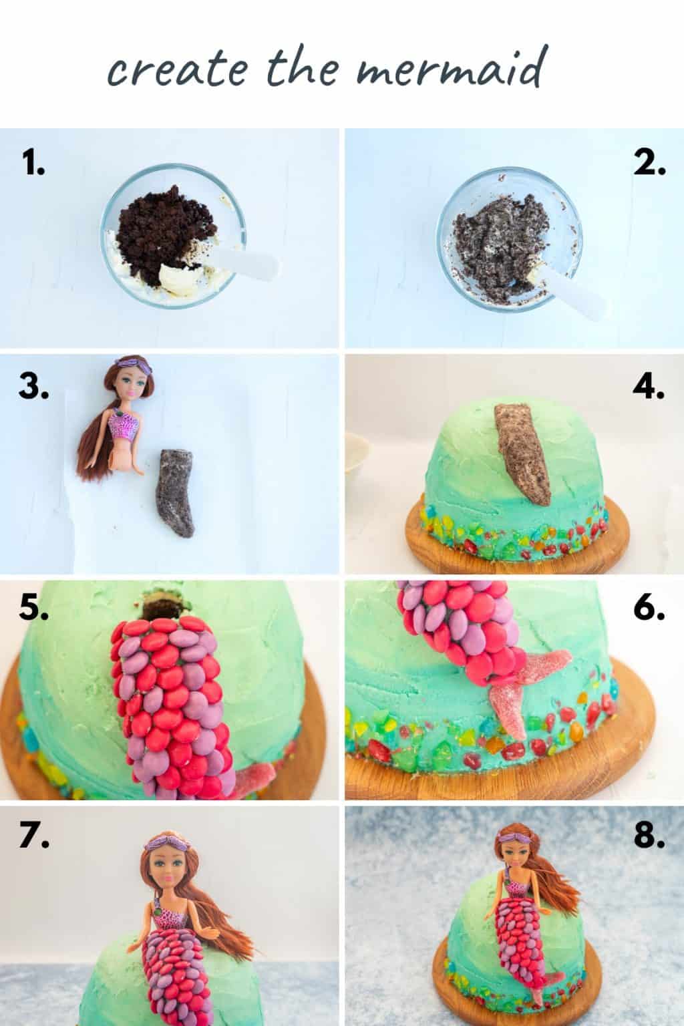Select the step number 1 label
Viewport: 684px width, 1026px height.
click(33, 162)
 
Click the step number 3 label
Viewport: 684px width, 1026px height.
click(34, 387)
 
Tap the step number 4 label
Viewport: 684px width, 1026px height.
click(648, 387)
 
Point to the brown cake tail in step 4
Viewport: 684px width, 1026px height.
click(523, 454)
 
